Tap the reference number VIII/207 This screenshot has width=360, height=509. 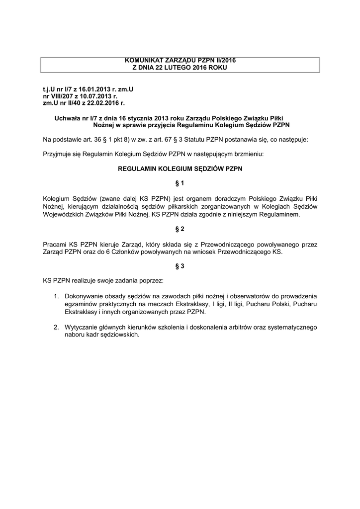click(x=64, y=96)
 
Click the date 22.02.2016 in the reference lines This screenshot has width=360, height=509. click(x=102, y=103)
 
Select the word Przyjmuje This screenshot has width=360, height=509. click(x=59, y=155)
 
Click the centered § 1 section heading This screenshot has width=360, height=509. click(x=180, y=183)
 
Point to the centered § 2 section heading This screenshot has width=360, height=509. click(x=180, y=229)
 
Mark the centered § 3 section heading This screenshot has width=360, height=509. click(x=180, y=266)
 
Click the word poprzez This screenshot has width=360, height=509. click(x=158, y=281)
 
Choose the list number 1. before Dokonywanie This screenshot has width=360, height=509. click(x=57, y=297)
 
